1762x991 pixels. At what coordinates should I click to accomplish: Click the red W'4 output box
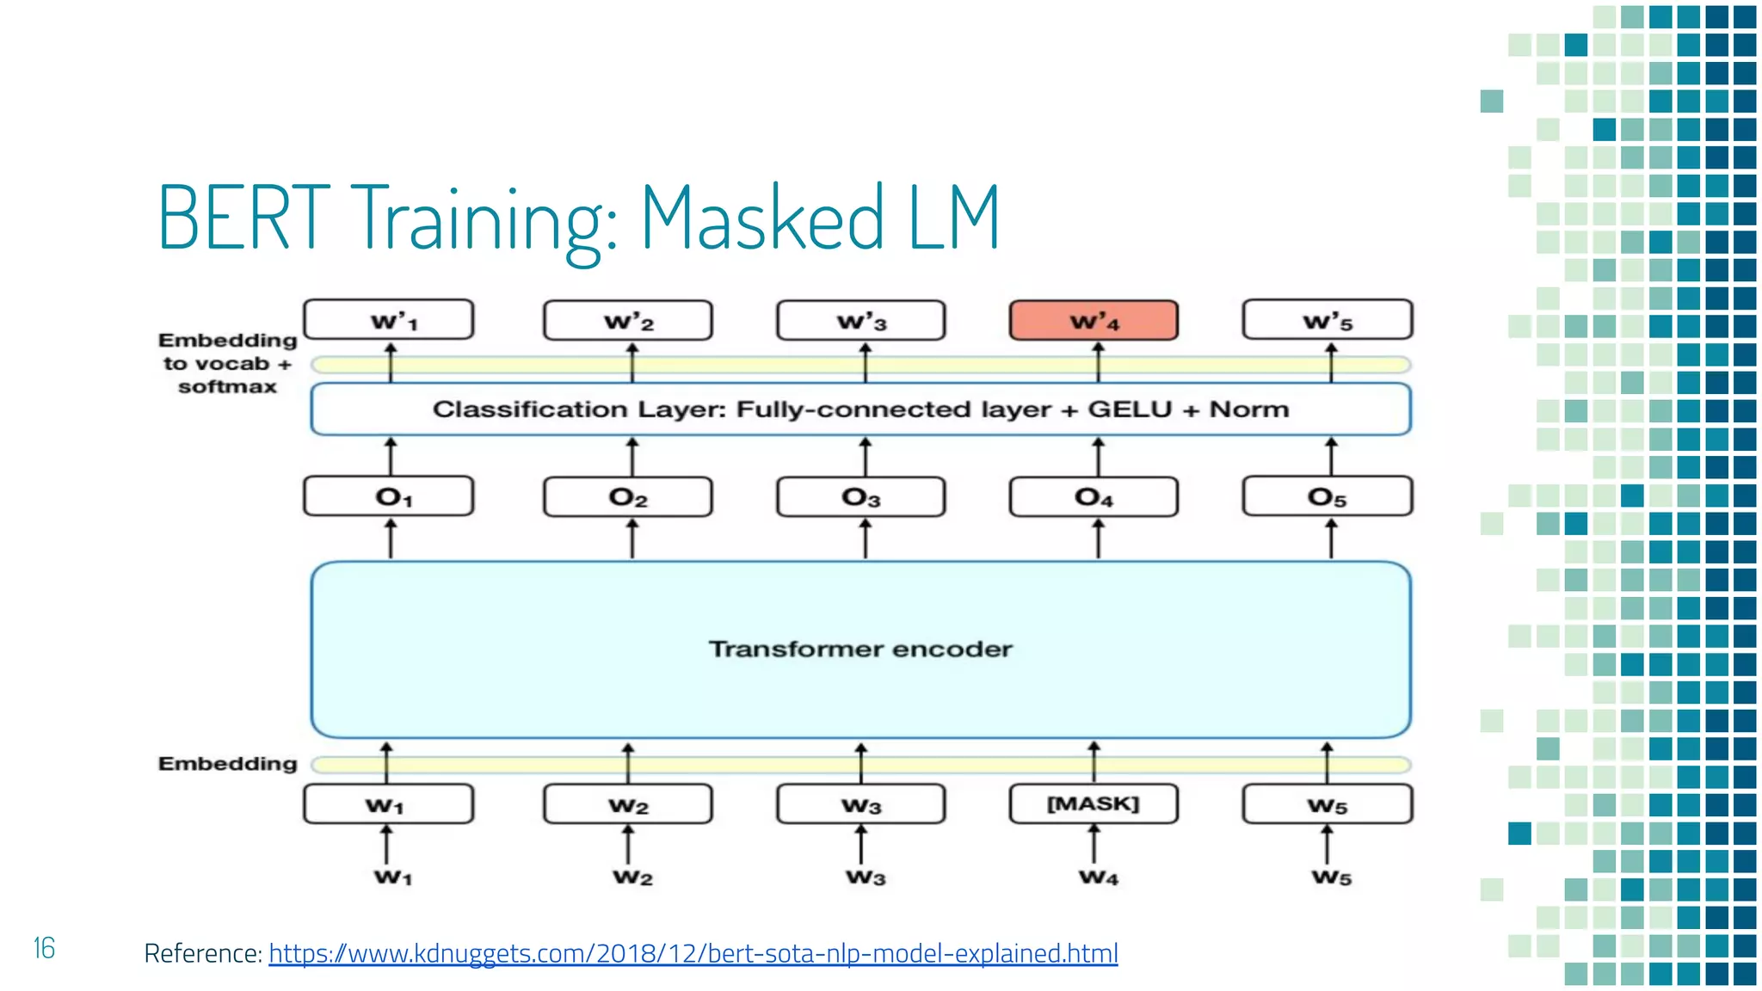(x=1094, y=321)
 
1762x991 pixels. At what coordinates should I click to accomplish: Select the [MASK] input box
(x=1094, y=803)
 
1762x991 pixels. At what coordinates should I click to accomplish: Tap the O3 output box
(x=860, y=497)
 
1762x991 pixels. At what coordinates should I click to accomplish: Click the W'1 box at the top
(x=389, y=321)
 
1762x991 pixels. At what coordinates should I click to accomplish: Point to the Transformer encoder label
(x=860, y=649)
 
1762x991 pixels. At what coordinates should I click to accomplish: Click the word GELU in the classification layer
(x=1130, y=409)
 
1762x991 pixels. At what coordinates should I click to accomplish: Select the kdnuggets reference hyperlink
(x=693, y=953)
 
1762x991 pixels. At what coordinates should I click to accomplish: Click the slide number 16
(x=44, y=948)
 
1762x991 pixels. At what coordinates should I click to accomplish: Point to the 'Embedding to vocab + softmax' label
(x=227, y=364)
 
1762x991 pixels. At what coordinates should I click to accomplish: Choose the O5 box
(x=1327, y=497)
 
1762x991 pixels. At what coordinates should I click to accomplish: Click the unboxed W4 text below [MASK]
(x=1099, y=877)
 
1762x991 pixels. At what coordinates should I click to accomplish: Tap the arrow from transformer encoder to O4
(x=1098, y=539)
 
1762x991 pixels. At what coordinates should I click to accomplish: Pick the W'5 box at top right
(x=1327, y=321)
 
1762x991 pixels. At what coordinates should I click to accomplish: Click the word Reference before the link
(x=201, y=953)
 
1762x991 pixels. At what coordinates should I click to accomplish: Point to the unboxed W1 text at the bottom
(x=392, y=877)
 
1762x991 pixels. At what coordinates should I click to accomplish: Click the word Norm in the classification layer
(x=1249, y=409)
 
